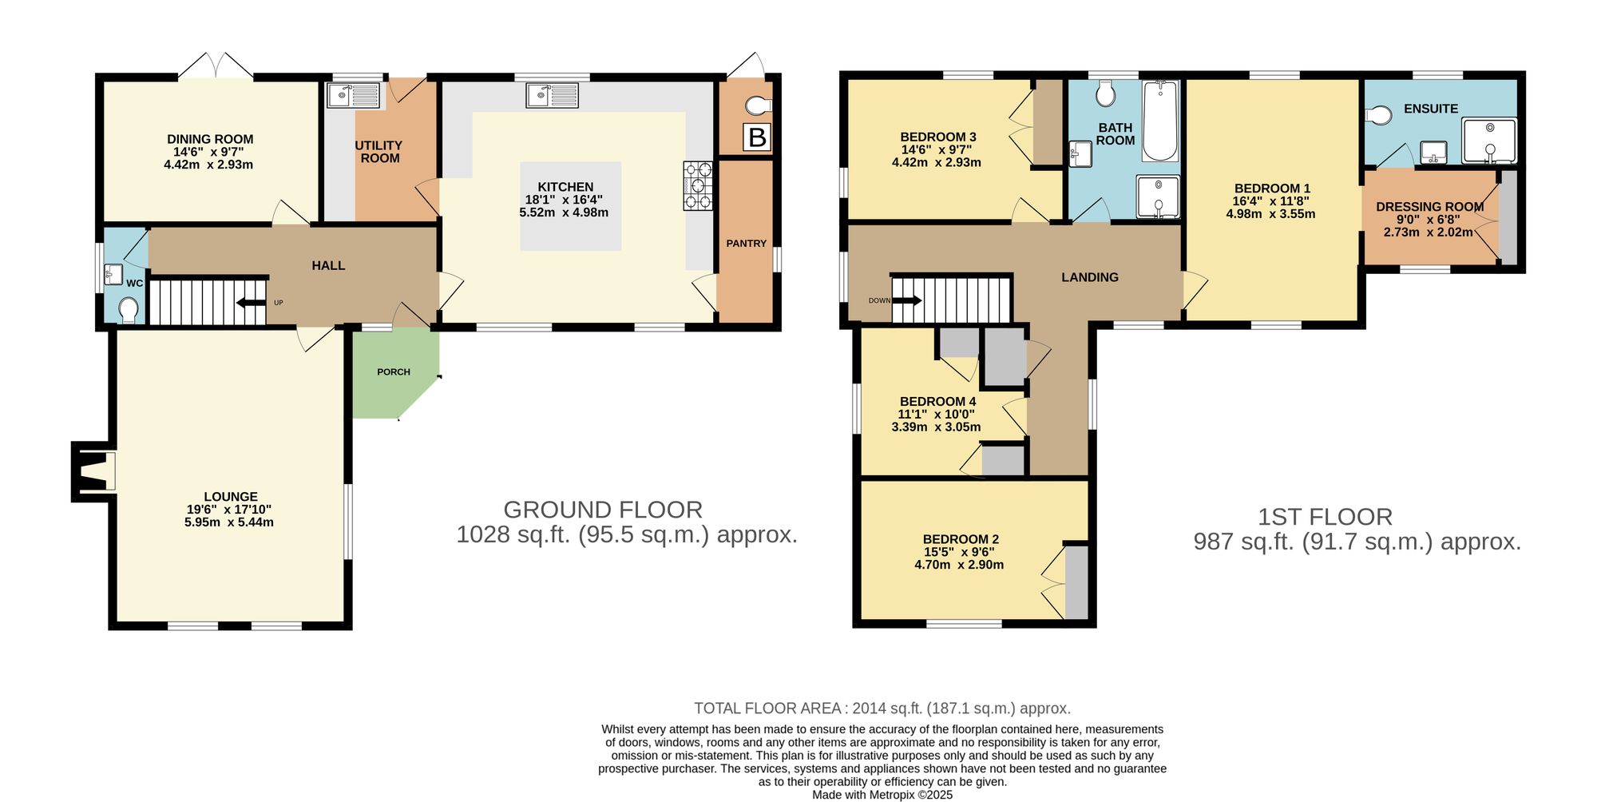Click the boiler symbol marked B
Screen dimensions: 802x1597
click(756, 137)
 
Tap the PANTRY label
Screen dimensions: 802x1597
click(746, 244)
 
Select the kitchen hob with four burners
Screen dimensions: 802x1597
click(698, 186)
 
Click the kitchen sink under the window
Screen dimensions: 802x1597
click(552, 96)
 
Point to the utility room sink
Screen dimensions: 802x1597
click(354, 96)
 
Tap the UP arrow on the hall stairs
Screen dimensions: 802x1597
click(252, 303)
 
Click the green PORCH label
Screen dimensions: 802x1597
click(394, 372)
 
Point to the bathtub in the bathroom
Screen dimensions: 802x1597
click(1159, 121)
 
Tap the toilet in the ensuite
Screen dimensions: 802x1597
click(1378, 115)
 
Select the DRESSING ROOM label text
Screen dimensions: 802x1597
click(1429, 207)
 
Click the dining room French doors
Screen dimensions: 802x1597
click(216, 66)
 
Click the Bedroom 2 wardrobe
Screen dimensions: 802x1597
click(1076, 582)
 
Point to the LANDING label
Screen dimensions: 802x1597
click(1089, 277)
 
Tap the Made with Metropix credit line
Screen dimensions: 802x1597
click(882, 795)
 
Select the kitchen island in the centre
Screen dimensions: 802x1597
click(570, 206)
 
